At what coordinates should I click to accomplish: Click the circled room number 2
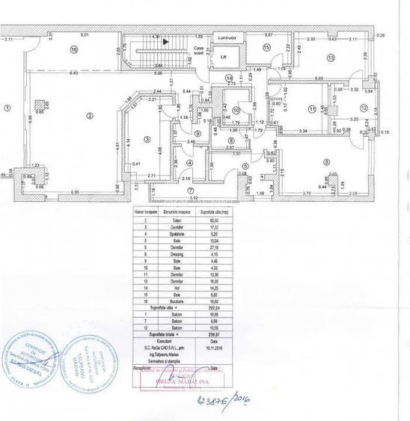tap(88, 114)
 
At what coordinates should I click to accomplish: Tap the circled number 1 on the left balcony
tap(7, 108)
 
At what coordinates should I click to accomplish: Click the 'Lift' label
tap(223, 57)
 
